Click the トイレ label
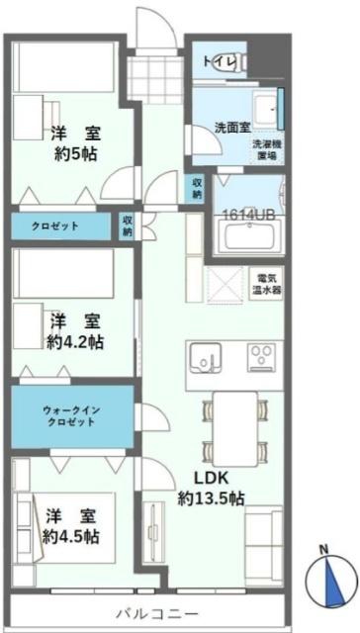coord(219,63)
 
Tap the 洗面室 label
coord(232,128)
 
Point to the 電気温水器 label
coord(269,284)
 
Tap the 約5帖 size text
coord(74,155)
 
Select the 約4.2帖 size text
coord(75,342)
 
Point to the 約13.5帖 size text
coord(211,498)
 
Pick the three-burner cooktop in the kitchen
coord(263,356)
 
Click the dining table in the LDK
coord(233,425)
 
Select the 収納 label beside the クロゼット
coord(127,226)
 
